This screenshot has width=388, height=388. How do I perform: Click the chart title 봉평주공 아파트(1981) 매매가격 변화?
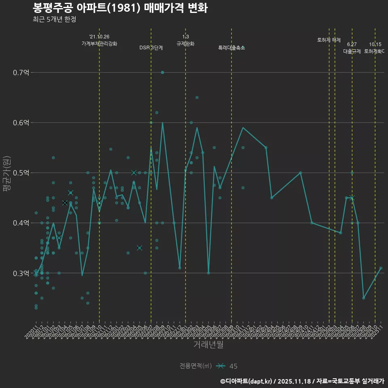(x=120, y=8)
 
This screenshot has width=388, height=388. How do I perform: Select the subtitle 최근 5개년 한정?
(x=54, y=19)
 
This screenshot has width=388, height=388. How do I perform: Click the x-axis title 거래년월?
(x=208, y=345)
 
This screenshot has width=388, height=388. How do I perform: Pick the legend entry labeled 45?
(x=233, y=366)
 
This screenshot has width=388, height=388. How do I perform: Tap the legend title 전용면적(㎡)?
(x=196, y=366)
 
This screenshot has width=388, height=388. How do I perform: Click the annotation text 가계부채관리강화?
(x=99, y=44)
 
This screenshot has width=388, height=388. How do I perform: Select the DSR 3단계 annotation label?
(x=151, y=48)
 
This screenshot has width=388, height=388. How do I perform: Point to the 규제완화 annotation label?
(x=186, y=44)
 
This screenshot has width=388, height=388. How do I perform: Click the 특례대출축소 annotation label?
(x=232, y=48)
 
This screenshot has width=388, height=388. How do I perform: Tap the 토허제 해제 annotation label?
(x=329, y=40)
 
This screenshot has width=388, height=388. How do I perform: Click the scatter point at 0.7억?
(x=162, y=72)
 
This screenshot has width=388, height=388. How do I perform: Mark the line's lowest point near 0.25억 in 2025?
(x=363, y=298)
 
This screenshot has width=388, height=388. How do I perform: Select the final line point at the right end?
(x=381, y=268)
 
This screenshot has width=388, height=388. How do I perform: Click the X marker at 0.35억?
(x=139, y=248)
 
